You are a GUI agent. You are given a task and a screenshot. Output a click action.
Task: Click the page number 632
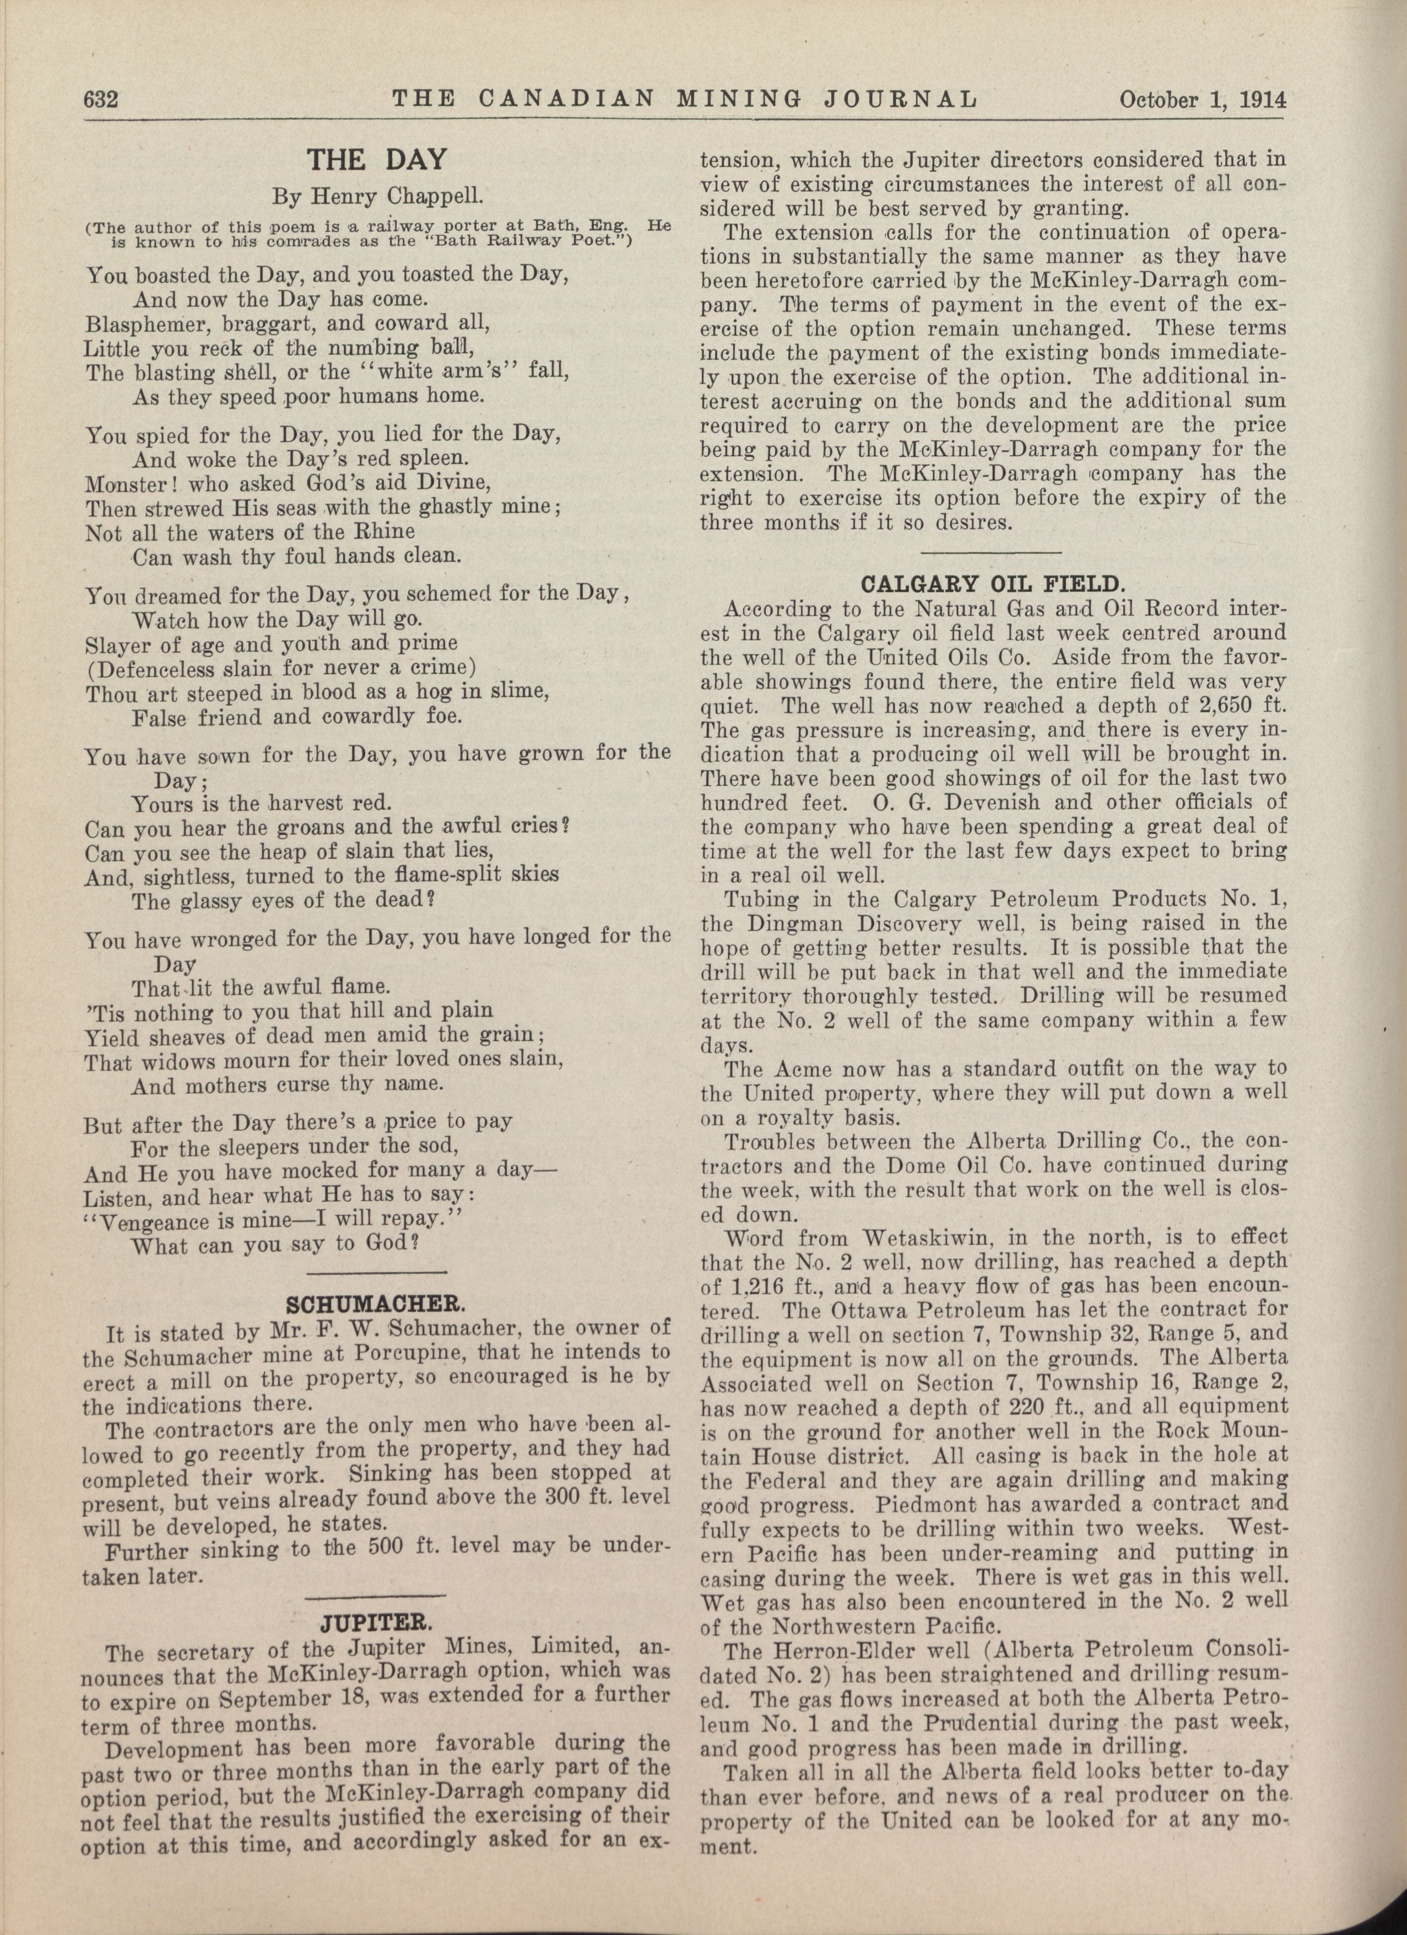coord(100,100)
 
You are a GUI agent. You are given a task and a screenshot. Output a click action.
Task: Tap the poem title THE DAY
coord(376,160)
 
